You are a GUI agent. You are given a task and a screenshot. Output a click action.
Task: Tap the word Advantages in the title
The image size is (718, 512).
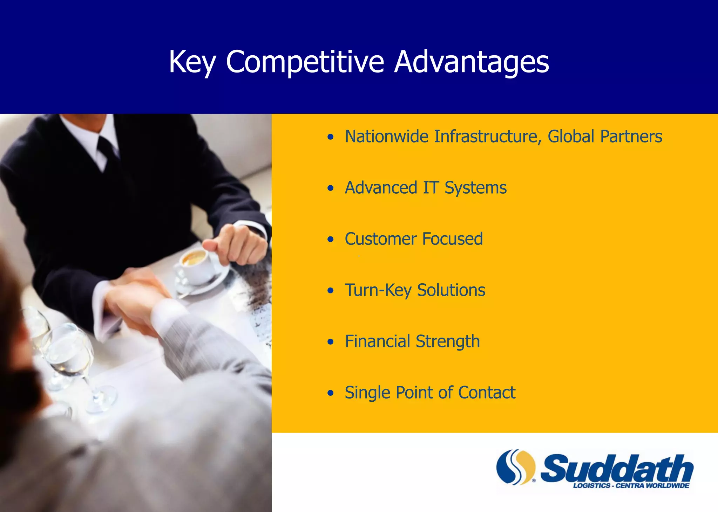[x=472, y=62]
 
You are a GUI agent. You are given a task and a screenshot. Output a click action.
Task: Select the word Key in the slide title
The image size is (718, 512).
[x=192, y=62]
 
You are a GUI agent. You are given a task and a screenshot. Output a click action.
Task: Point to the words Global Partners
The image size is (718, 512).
[x=605, y=136]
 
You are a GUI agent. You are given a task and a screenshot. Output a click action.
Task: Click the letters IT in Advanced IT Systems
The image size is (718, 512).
[x=431, y=188]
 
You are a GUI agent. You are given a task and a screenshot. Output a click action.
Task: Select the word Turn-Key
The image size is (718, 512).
[x=378, y=290]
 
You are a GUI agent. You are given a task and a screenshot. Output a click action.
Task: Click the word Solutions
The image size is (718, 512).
[x=451, y=290]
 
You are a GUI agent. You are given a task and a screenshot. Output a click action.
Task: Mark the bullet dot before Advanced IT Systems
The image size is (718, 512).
[x=330, y=188]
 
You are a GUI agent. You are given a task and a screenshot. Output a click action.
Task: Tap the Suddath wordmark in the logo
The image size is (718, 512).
[x=617, y=468]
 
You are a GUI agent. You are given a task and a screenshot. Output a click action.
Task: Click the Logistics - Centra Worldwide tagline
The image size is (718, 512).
[x=631, y=486]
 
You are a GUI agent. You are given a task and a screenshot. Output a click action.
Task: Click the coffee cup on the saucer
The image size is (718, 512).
[x=195, y=266]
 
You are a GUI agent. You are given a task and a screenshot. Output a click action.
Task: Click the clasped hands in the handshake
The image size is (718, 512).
[x=137, y=298]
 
